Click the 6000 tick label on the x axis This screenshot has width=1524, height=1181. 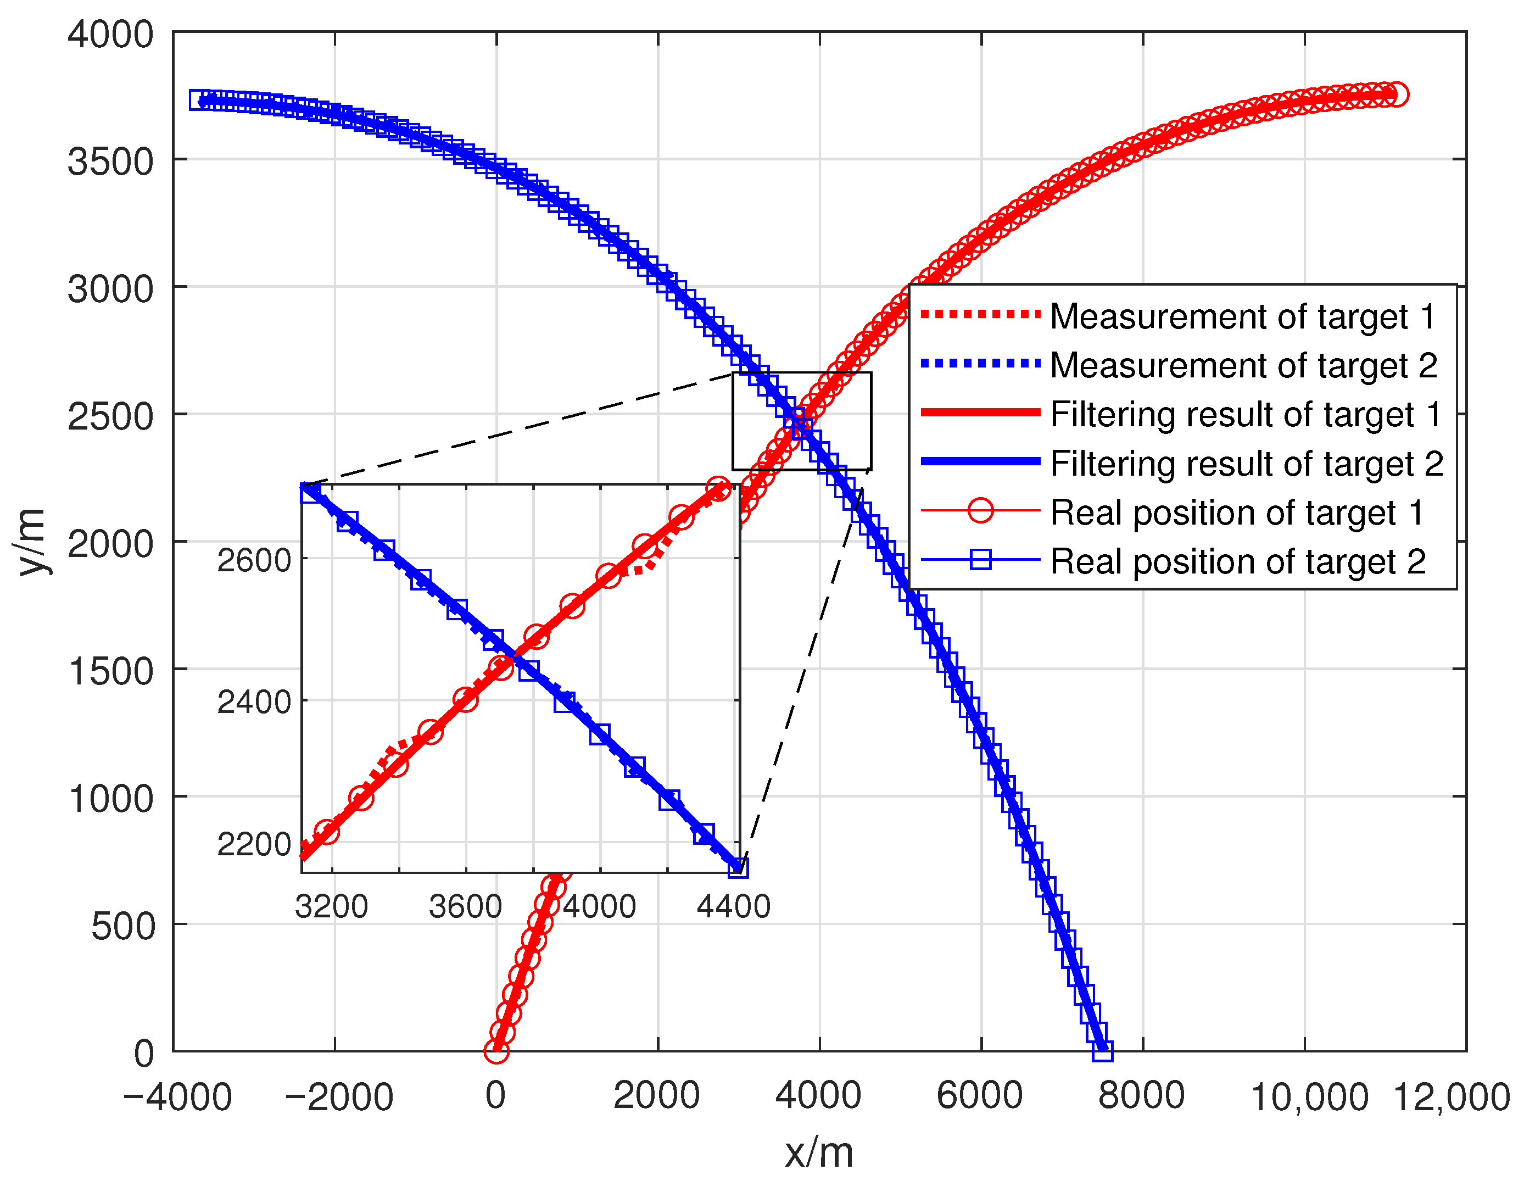tap(980, 1096)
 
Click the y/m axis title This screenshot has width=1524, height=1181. tap(32, 542)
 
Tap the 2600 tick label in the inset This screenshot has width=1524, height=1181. tap(254, 560)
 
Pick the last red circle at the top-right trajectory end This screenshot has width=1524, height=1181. tap(1396, 94)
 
